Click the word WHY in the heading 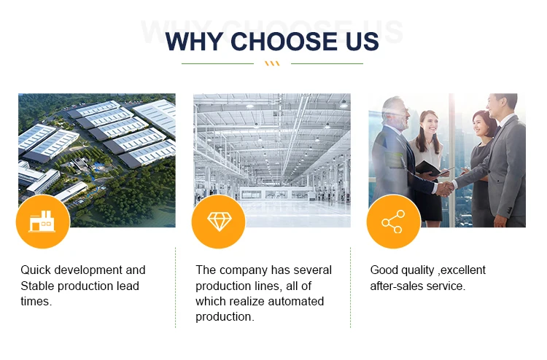click(x=194, y=41)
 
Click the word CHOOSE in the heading click(x=284, y=41)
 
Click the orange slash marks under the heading click(x=272, y=63)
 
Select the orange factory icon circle click(x=43, y=222)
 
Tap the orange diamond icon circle click(x=219, y=222)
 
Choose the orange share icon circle click(x=394, y=222)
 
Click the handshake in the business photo click(x=445, y=188)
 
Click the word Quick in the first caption click(x=36, y=270)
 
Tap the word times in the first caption click(x=36, y=302)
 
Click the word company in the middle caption click(x=244, y=271)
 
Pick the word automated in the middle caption click(x=297, y=302)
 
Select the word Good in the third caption click(x=384, y=270)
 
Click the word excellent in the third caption click(x=463, y=270)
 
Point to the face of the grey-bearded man click(x=401, y=113)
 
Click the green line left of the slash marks click(x=217, y=64)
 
